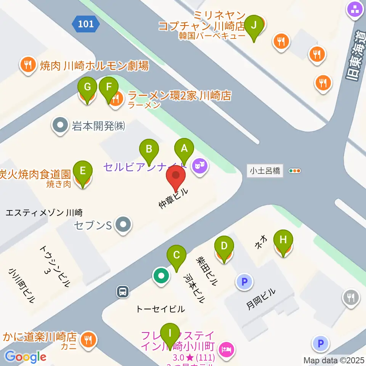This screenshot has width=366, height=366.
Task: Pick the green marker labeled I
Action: click(x=170, y=334)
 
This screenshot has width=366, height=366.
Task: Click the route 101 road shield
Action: click(x=86, y=24)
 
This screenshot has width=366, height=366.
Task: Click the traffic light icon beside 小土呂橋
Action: click(x=295, y=171)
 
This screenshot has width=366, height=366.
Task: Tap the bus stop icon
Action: click(x=122, y=292)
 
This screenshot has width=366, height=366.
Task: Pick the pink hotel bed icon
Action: click(x=226, y=349)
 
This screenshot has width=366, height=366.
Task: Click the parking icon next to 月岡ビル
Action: click(x=244, y=282)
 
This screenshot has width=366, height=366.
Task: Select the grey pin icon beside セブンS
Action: click(x=123, y=224)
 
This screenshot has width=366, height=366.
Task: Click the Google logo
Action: click(x=26, y=357)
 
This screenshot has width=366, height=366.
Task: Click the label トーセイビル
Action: click(x=160, y=309)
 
